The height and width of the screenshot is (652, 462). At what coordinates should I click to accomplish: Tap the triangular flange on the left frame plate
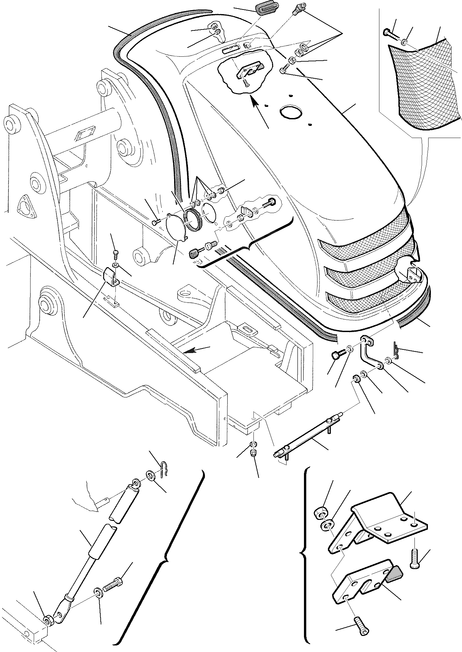pos(26,206)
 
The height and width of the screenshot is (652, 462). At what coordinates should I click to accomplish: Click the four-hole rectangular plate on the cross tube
pos(85,133)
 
